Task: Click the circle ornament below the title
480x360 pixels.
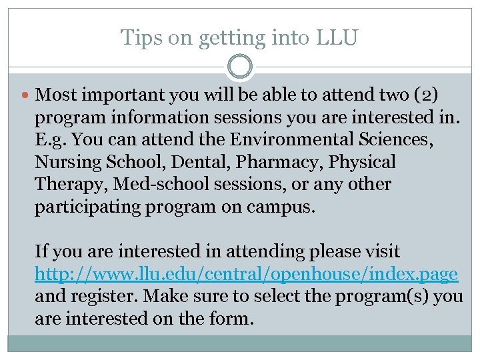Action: pyautogui.click(x=240, y=67)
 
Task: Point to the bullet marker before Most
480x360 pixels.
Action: pyautogui.click(x=26, y=95)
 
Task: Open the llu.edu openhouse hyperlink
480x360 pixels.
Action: pyautogui.click(x=246, y=274)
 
